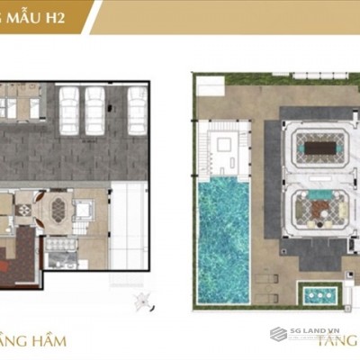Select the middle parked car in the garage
[x=94, y=111]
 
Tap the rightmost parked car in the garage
[x=137, y=111]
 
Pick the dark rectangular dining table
[x=315, y=146]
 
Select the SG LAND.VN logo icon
[x=278, y=334]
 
